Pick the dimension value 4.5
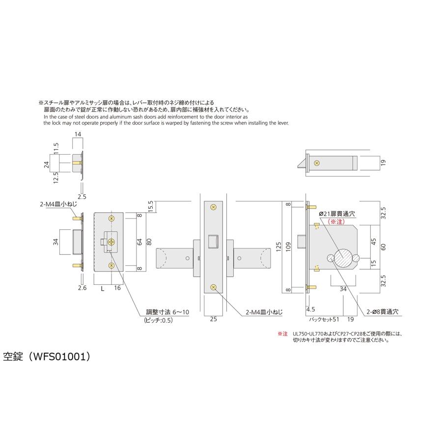(310, 310)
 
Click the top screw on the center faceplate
(213, 207)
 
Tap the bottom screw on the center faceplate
(213, 288)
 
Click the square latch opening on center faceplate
(213, 242)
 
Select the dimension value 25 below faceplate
(213, 319)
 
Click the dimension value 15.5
(150, 206)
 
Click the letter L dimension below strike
(102, 288)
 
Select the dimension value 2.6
(83, 288)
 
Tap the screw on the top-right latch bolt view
(317, 162)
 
